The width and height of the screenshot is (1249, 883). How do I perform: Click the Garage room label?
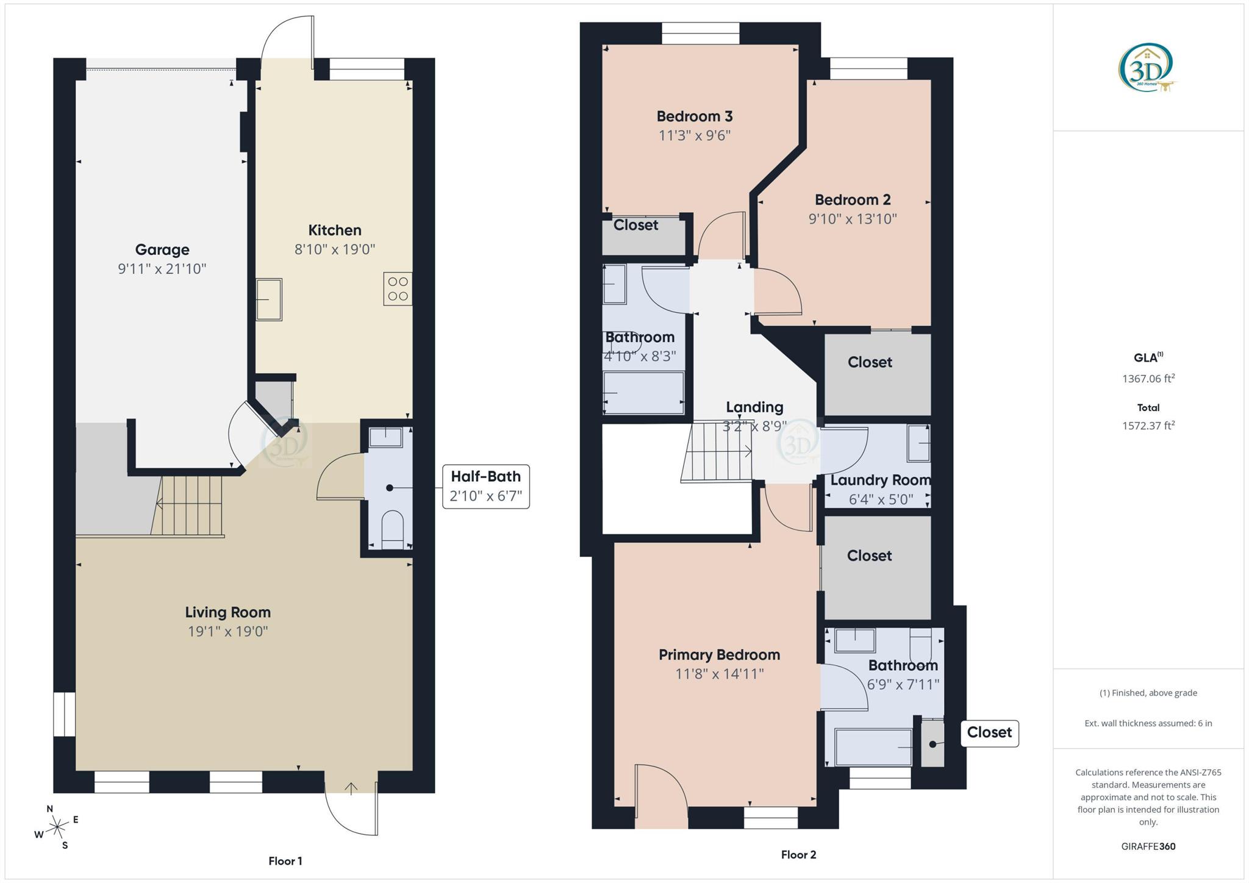pos(162,249)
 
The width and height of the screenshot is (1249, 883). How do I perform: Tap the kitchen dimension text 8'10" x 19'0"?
pos(334,249)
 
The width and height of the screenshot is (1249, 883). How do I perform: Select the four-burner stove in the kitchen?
pos(398,289)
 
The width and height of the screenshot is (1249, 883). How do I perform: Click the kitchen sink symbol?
pos(268,299)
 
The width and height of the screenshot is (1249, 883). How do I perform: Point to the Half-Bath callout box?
pos(485,486)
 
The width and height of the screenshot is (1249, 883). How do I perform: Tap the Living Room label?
pos(227,612)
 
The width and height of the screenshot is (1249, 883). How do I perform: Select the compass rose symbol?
pos(57,828)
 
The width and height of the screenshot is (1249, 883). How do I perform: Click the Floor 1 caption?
pos(285,861)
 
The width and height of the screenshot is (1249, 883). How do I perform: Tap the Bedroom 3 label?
pos(694,116)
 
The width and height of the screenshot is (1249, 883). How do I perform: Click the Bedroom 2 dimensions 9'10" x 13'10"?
pos(852,219)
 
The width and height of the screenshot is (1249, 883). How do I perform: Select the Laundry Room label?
pos(880,481)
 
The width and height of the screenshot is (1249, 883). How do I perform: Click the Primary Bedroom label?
pos(719,655)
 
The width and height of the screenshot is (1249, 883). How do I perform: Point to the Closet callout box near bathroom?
pos(989,732)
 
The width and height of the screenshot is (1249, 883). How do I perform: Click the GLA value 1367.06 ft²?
pos(1148,379)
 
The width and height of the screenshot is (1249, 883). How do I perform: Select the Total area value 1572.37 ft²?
pos(1148,426)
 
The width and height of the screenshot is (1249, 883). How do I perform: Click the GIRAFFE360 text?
pos(1148,846)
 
